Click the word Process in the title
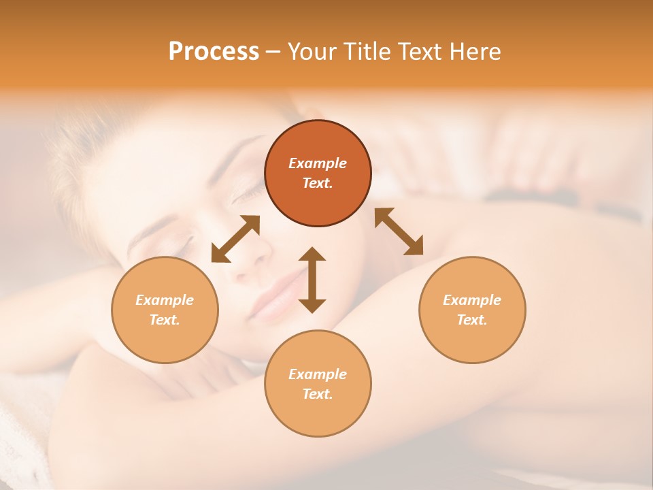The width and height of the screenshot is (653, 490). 214,52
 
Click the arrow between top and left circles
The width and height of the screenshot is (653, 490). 235,239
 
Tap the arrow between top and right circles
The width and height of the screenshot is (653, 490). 399,231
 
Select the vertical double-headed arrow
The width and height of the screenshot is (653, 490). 312,279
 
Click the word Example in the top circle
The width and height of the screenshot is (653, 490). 318,163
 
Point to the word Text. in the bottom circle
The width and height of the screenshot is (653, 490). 318,394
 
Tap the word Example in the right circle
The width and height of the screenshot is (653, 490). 472,300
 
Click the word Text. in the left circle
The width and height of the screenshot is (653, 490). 165,320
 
